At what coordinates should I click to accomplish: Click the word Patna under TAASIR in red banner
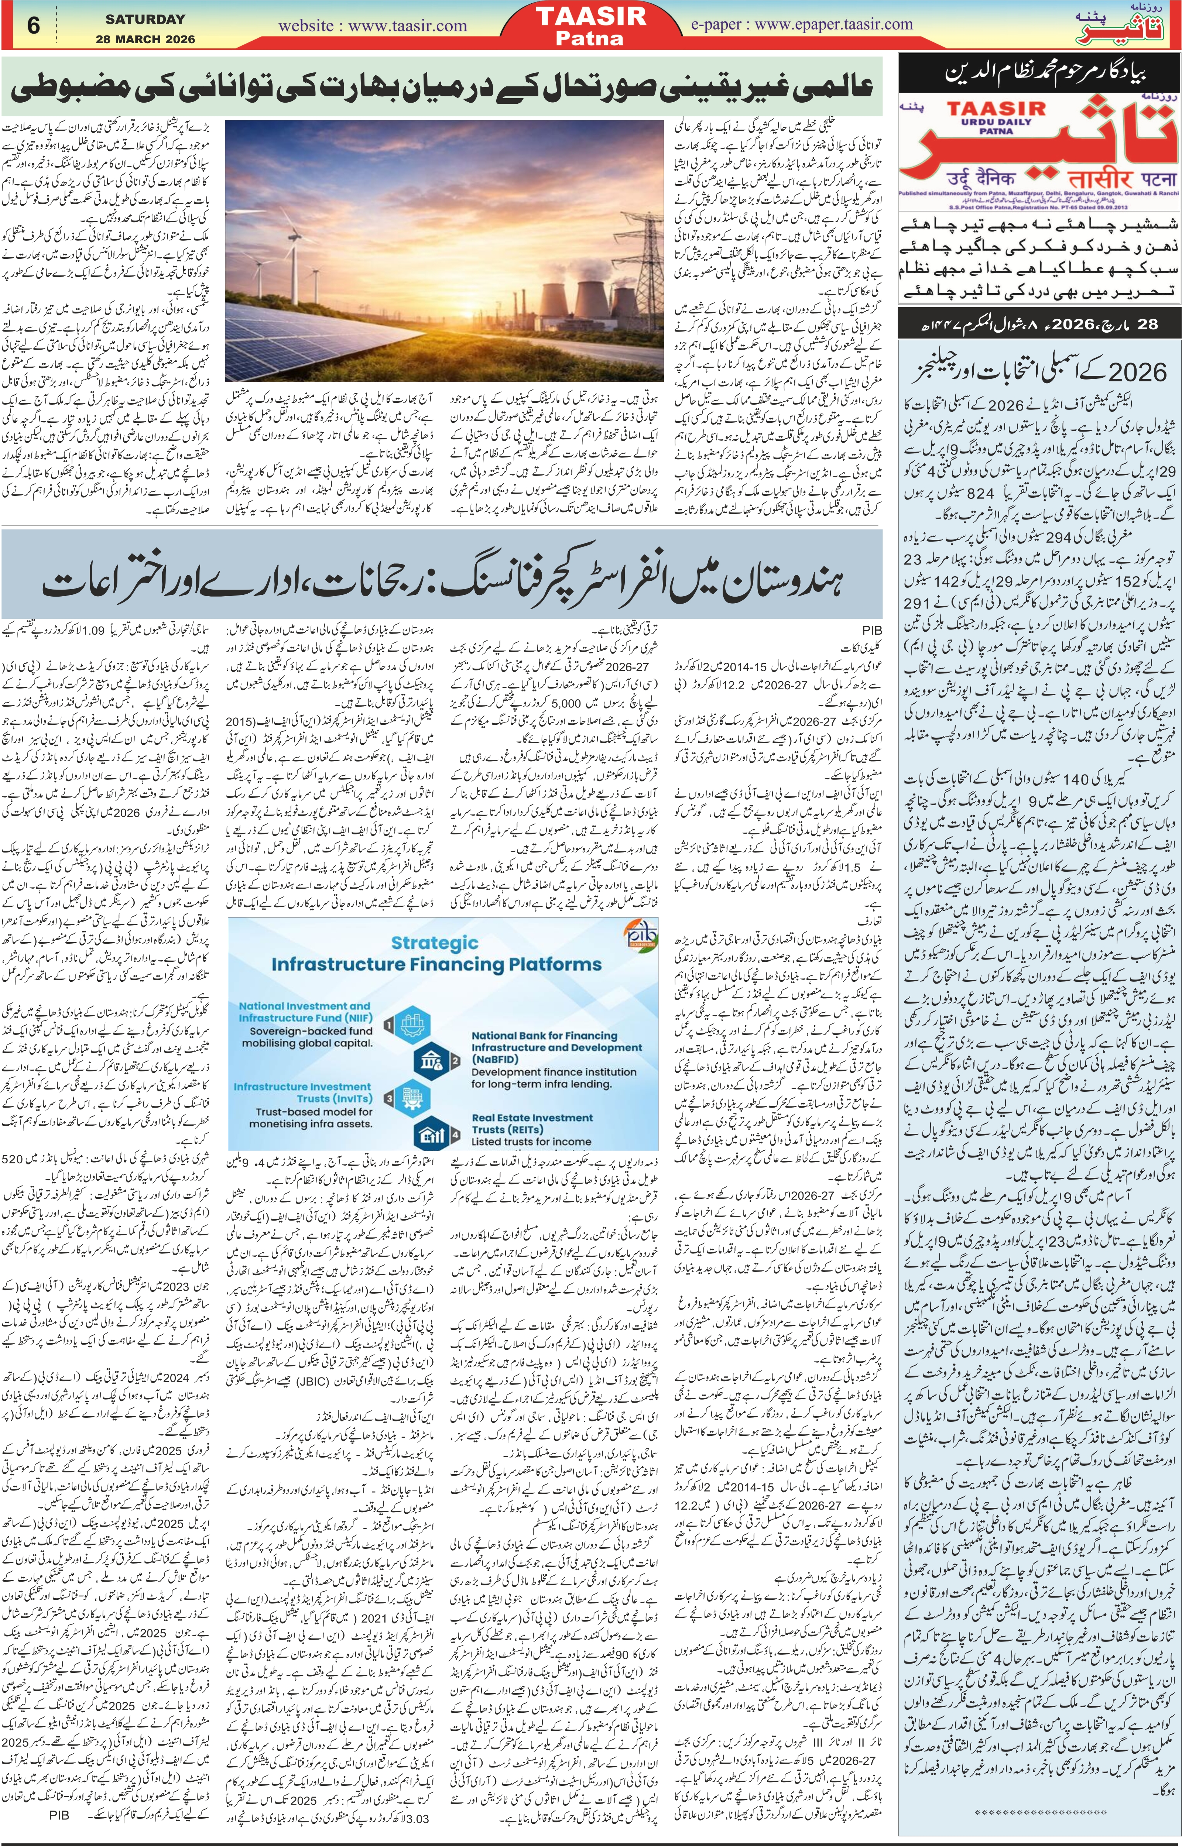coord(601,38)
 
